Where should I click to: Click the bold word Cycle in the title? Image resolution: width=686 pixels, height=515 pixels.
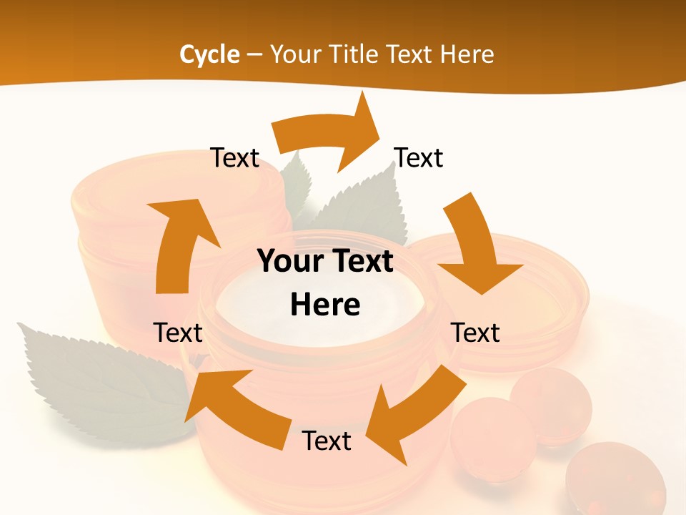point(209,54)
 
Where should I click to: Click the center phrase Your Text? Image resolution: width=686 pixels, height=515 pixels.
point(325,262)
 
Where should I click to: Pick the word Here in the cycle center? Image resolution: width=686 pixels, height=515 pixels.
point(325,305)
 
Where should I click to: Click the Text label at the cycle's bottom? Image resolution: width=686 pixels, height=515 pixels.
point(327,441)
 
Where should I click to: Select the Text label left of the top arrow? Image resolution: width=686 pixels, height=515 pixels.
point(234,158)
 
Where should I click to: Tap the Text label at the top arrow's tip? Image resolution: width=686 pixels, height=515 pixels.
point(419,158)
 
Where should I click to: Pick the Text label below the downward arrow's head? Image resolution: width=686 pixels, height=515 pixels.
point(475,333)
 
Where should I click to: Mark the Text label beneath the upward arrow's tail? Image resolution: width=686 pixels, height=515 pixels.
point(178,333)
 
